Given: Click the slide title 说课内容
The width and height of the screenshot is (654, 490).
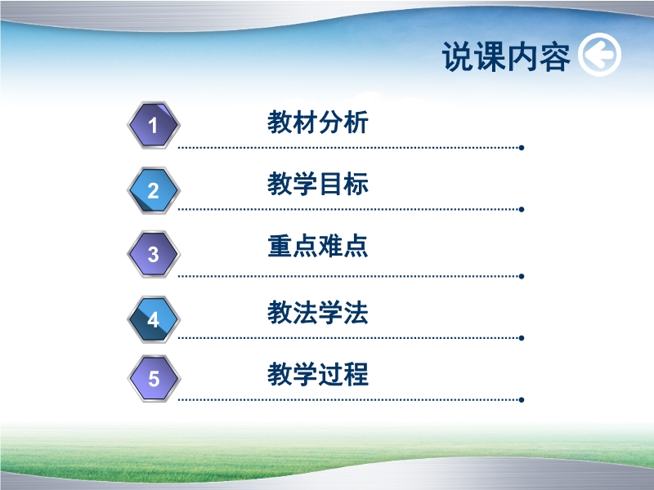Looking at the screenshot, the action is pyautogui.click(x=506, y=56).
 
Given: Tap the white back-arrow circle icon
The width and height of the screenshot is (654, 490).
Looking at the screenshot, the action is pyautogui.click(x=599, y=55).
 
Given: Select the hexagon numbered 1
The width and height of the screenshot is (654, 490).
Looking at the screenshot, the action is pyautogui.click(x=154, y=125).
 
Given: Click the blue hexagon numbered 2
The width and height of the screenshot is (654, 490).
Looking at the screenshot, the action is pyautogui.click(x=154, y=190).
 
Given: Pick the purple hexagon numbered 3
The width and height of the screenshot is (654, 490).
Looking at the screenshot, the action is pyautogui.click(x=154, y=254).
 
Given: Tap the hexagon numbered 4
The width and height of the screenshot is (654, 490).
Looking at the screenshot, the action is pyautogui.click(x=154, y=319).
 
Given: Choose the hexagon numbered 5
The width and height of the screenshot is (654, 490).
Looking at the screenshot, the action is pyautogui.click(x=154, y=378).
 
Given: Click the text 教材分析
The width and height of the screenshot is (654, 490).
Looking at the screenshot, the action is pyautogui.click(x=318, y=122).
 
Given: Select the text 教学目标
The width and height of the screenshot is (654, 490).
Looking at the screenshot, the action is pyautogui.click(x=318, y=184).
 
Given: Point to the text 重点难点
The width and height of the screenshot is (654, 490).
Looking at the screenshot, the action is pyautogui.click(x=318, y=246).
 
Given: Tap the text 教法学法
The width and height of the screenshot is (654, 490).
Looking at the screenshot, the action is pyautogui.click(x=318, y=312).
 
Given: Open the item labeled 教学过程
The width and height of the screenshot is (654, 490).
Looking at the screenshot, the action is pyautogui.click(x=318, y=374).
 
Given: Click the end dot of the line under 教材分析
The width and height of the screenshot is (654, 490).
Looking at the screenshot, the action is pyautogui.click(x=522, y=148).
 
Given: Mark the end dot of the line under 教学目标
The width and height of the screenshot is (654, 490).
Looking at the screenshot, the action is pyautogui.click(x=522, y=209).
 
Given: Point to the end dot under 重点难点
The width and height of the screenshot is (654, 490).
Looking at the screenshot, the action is pyautogui.click(x=522, y=276).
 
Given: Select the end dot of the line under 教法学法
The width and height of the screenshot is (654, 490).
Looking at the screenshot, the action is pyautogui.click(x=522, y=338).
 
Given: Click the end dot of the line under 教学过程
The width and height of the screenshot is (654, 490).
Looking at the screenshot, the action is pyautogui.click(x=522, y=399).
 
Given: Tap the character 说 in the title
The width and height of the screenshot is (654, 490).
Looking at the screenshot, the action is pyautogui.click(x=458, y=56).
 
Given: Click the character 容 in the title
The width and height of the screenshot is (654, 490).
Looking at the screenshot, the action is pyautogui.click(x=554, y=56).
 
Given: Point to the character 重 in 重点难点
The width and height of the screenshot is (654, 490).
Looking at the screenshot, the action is pyautogui.click(x=280, y=246).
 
